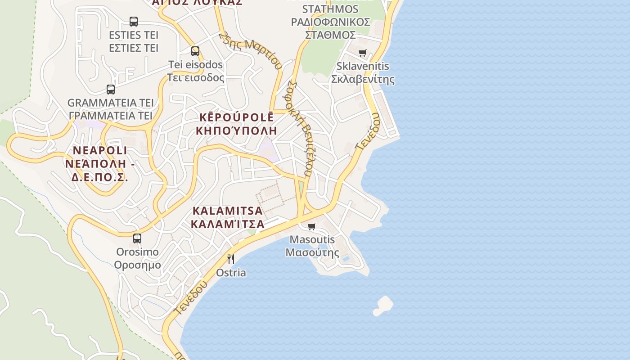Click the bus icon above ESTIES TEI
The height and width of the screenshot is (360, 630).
(x=134, y=21)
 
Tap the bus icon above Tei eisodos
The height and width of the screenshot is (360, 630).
(x=195, y=51)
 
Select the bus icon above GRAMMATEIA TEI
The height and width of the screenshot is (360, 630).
(x=111, y=89)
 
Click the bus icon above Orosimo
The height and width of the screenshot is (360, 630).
(x=137, y=238)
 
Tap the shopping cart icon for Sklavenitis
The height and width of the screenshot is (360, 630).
(x=363, y=53)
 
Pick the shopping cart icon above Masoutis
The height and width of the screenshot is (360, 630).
(x=312, y=226)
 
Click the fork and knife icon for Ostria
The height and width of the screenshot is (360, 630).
(x=231, y=259)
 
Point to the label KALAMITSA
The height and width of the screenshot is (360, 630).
(x=227, y=211)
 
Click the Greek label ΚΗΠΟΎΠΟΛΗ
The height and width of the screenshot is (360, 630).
(x=236, y=131)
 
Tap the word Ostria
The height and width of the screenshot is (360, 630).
(x=231, y=273)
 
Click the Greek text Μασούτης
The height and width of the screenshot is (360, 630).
(x=312, y=252)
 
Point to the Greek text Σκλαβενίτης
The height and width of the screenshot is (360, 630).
(x=363, y=79)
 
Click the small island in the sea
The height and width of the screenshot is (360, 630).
(x=383, y=305)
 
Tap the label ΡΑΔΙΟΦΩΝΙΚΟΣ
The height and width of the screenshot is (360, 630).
(x=330, y=22)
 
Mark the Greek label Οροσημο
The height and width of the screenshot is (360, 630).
(x=137, y=265)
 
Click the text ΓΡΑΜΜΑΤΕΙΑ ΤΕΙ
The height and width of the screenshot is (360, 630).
(x=111, y=116)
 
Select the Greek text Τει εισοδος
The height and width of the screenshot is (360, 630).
(x=195, y=77)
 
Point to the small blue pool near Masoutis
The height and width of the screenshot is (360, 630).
(x=346, y=259)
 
